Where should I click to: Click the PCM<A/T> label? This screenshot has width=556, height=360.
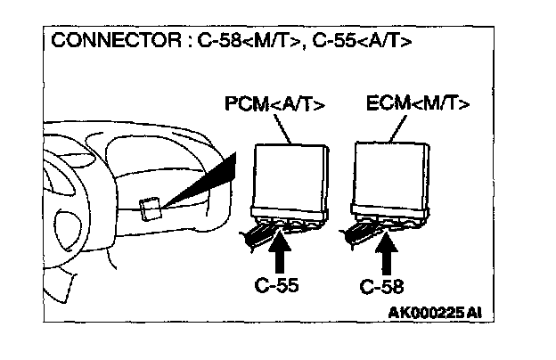274,107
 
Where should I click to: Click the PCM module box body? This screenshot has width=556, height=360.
289,176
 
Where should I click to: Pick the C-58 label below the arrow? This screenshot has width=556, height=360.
382,287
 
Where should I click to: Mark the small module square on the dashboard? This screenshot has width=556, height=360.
150,208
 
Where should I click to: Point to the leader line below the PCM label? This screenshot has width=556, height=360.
285,132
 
